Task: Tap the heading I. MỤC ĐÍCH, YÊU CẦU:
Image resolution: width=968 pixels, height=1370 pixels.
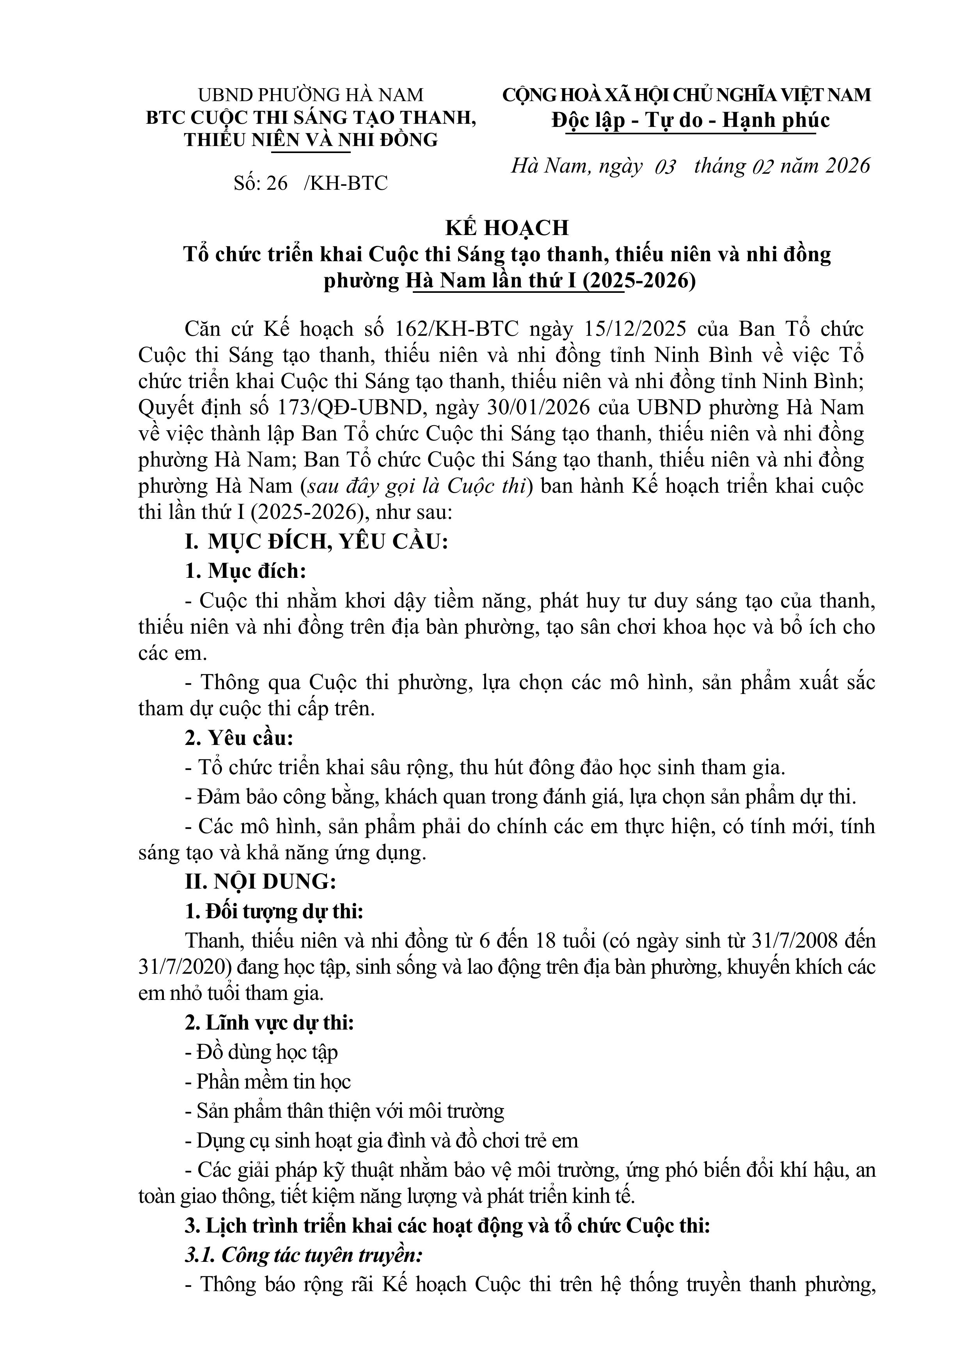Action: click(316, 542)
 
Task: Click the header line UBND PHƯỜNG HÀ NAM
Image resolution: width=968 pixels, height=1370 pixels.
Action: click(311, 95)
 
